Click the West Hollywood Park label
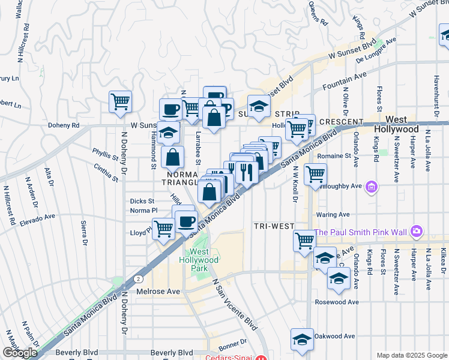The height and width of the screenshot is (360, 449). coord(200,260)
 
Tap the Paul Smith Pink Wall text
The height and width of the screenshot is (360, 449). coord(361,232)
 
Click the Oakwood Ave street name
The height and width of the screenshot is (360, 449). coord(334,337)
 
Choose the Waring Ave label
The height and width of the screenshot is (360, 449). coord(336,214)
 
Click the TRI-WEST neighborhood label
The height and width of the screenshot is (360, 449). coord(273,226)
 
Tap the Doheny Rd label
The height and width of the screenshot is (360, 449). coord(64,126)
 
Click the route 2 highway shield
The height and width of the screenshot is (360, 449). coord(139,280)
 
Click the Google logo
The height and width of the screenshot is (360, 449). coord(19,353)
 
